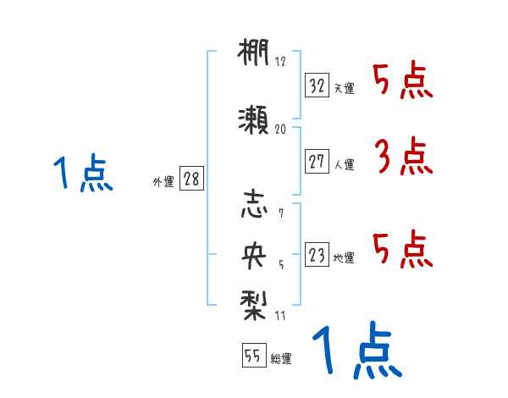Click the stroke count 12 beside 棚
point(280,62)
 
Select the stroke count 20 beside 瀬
point(281,129)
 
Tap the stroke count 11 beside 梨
point(280,316)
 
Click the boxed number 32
point(317,85)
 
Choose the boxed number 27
point(317,161)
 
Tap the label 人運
point(344,164)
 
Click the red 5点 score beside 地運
point(403,248)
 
